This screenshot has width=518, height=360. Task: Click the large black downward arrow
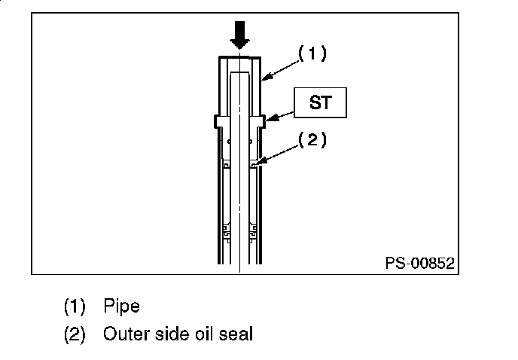pos(239,35)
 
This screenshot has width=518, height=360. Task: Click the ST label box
pos(320,102)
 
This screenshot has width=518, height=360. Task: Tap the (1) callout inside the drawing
pos(312,53)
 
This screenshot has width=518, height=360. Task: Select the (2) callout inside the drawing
pos(312,140)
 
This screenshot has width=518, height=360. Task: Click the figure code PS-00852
pos(420,263)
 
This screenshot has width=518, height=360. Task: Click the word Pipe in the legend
pos(121,307)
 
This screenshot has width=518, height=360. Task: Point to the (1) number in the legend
pos(75,307)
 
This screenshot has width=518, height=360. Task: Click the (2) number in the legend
pos(75,334)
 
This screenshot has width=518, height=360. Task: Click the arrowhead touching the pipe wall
pos(267,76)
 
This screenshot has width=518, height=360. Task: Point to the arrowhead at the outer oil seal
pos(260,162)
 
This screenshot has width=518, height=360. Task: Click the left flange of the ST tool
pos(217,121)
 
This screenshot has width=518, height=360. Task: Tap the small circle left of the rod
pos(229,142)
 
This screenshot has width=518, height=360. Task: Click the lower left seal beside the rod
pos(227,232)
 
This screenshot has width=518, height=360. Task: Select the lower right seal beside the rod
pos(253,232)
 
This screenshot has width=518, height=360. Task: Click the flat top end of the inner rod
pos(239,72)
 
